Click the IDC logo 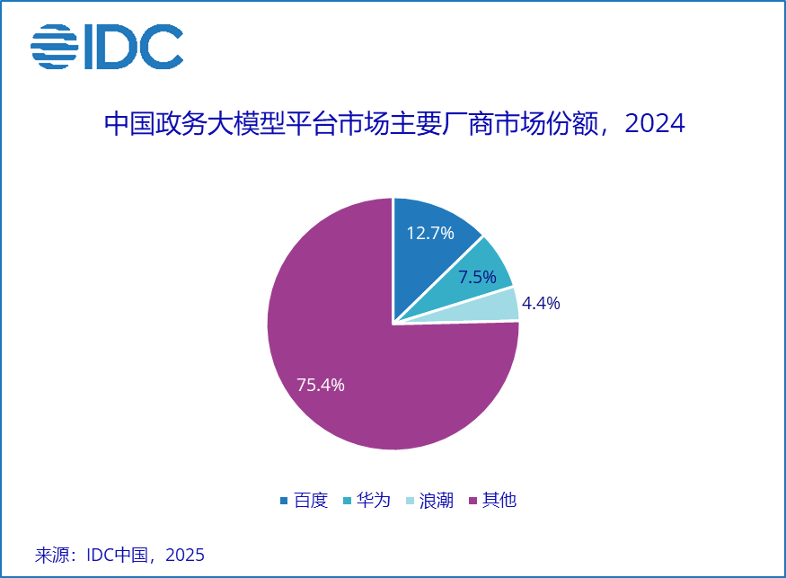(x=107, y=47)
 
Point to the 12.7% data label (x=430, y=234)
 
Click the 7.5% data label (x=477, y=278)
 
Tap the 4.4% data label (x=541, y=304)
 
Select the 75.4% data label (x=321, y=385)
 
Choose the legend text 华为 (x=374, y=501)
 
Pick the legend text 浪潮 (x=437, y=501)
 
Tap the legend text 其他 (x=499, y=501)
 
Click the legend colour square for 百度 (x=285, y=501)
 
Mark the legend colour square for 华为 (x=348, y=501)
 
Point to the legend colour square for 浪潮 (x=411, y=501)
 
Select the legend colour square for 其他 (x=473, y=501)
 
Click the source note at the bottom (x=120, y=555)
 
